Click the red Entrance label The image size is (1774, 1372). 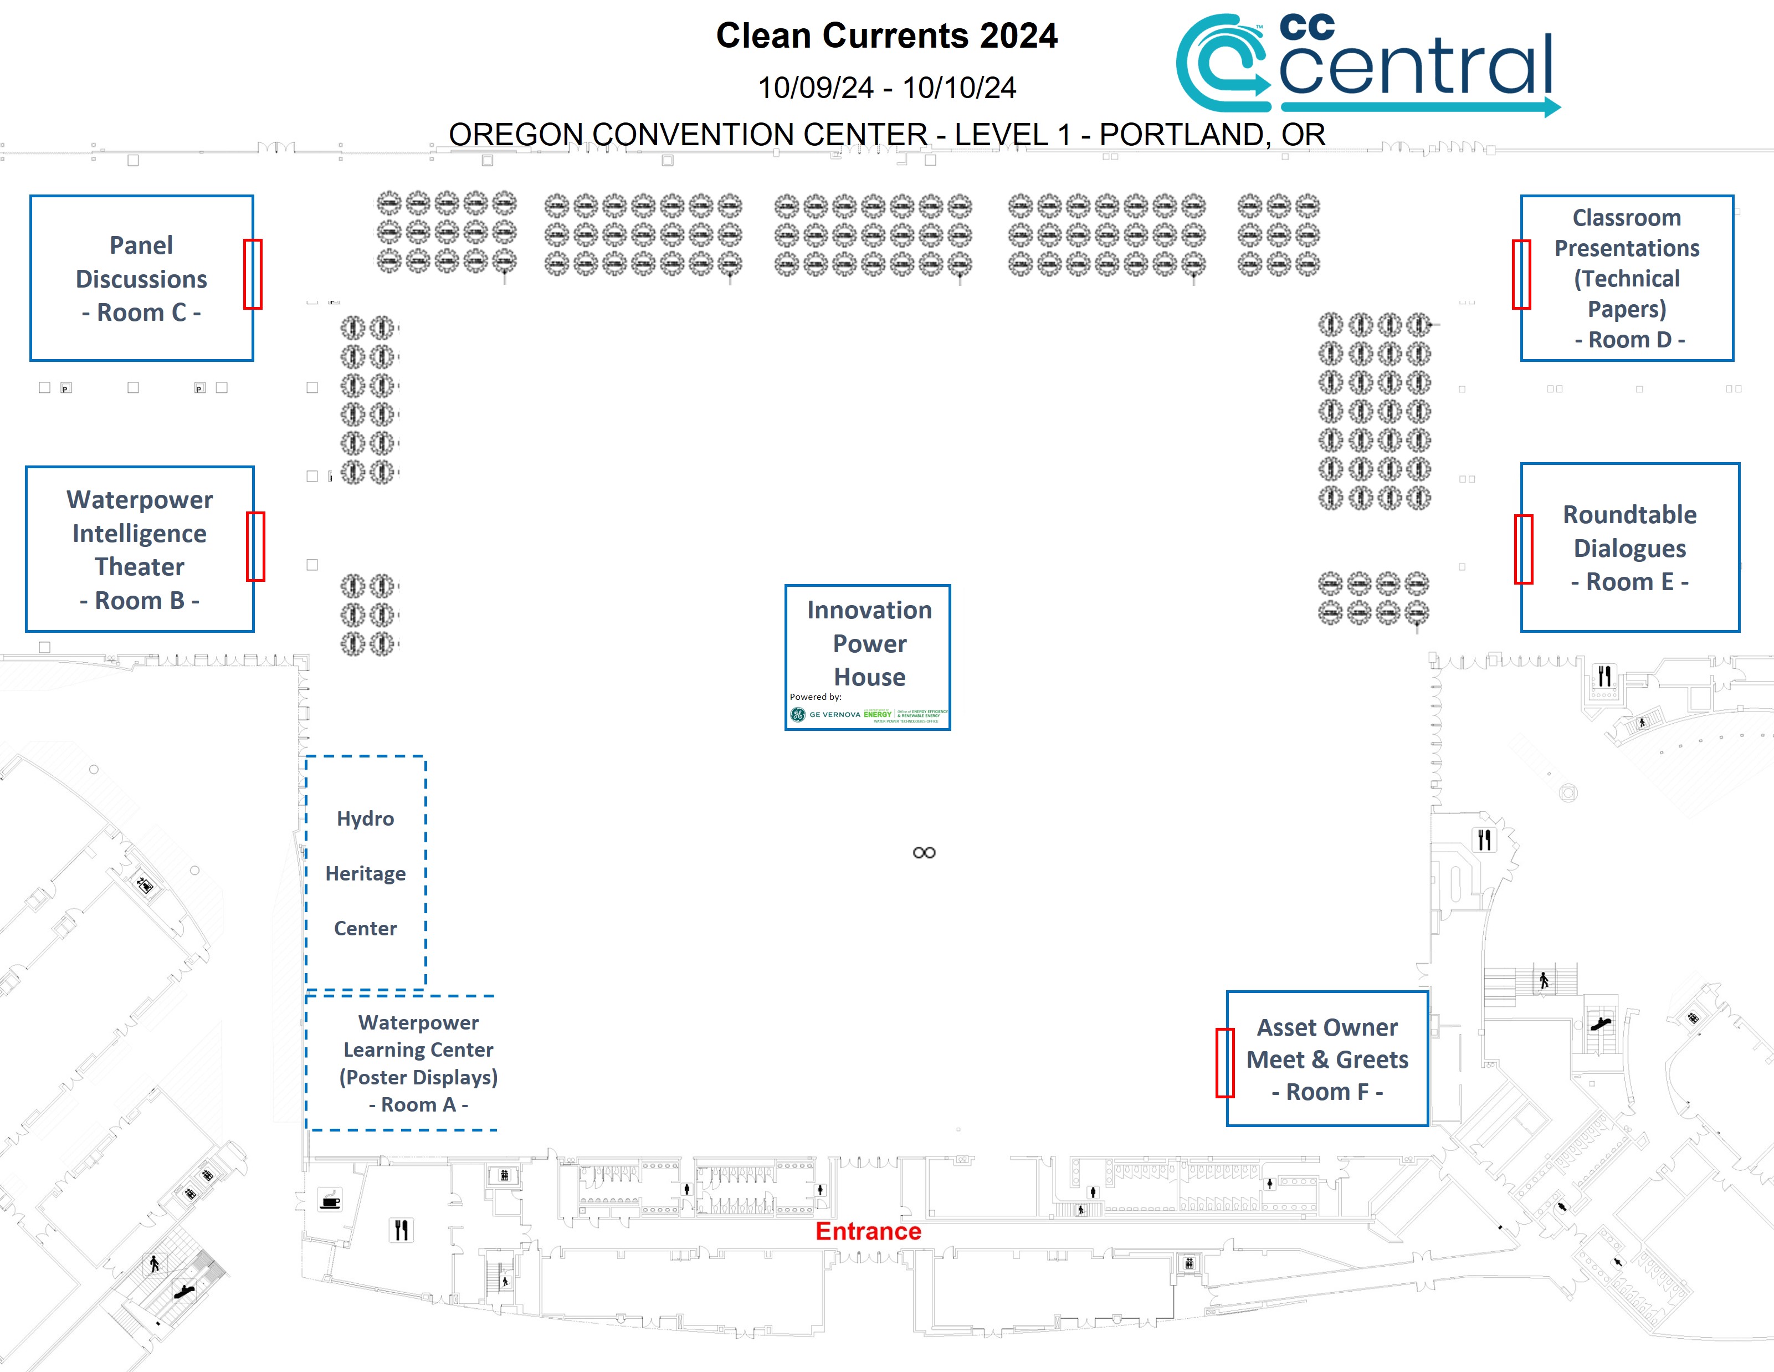868,1231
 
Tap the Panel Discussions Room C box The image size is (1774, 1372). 141,278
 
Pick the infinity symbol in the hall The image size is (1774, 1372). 924,852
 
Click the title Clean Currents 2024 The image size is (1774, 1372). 886,36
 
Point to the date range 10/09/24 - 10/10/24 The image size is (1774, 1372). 886,88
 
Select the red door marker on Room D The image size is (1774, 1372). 1521,274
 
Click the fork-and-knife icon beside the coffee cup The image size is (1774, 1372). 401,1230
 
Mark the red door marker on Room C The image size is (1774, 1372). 253,274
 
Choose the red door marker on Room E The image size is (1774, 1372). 1523,549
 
